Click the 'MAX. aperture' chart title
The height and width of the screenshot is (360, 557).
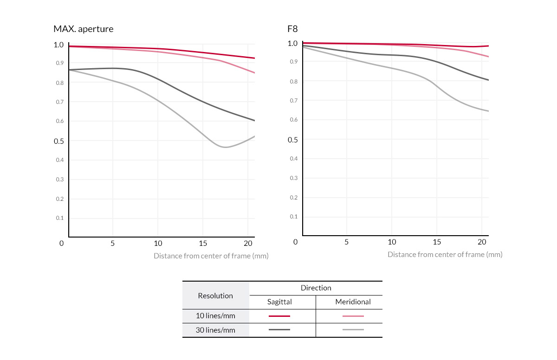point(84,29)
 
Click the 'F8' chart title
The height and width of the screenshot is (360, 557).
point(292,29)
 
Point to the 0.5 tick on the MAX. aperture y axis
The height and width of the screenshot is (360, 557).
point(59,141)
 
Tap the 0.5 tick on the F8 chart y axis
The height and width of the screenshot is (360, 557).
point(293,140)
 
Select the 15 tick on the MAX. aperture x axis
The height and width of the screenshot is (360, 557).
point(203,243)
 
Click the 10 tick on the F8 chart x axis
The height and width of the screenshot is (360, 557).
point(392,242)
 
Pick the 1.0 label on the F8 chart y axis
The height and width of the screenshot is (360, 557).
point(292,44)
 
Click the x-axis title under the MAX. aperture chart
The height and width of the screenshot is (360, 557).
point(211,256)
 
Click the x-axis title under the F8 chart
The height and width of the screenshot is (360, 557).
point(445,254)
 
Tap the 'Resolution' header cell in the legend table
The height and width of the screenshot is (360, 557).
point(215,296)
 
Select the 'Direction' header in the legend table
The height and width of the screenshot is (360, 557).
point(316,288)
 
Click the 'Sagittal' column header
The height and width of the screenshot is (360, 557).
point(279,302)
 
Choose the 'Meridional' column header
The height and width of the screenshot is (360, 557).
point(353,302)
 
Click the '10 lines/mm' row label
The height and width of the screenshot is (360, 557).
point(215,316)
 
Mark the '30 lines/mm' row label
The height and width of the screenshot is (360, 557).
point(215,330)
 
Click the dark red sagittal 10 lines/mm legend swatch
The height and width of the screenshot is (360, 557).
point(279,316)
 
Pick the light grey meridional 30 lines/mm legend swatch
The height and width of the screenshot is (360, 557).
point(353,330)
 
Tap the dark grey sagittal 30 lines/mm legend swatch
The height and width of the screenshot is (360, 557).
point(279,330)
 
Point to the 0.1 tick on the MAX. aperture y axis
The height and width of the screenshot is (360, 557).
point(60,218)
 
